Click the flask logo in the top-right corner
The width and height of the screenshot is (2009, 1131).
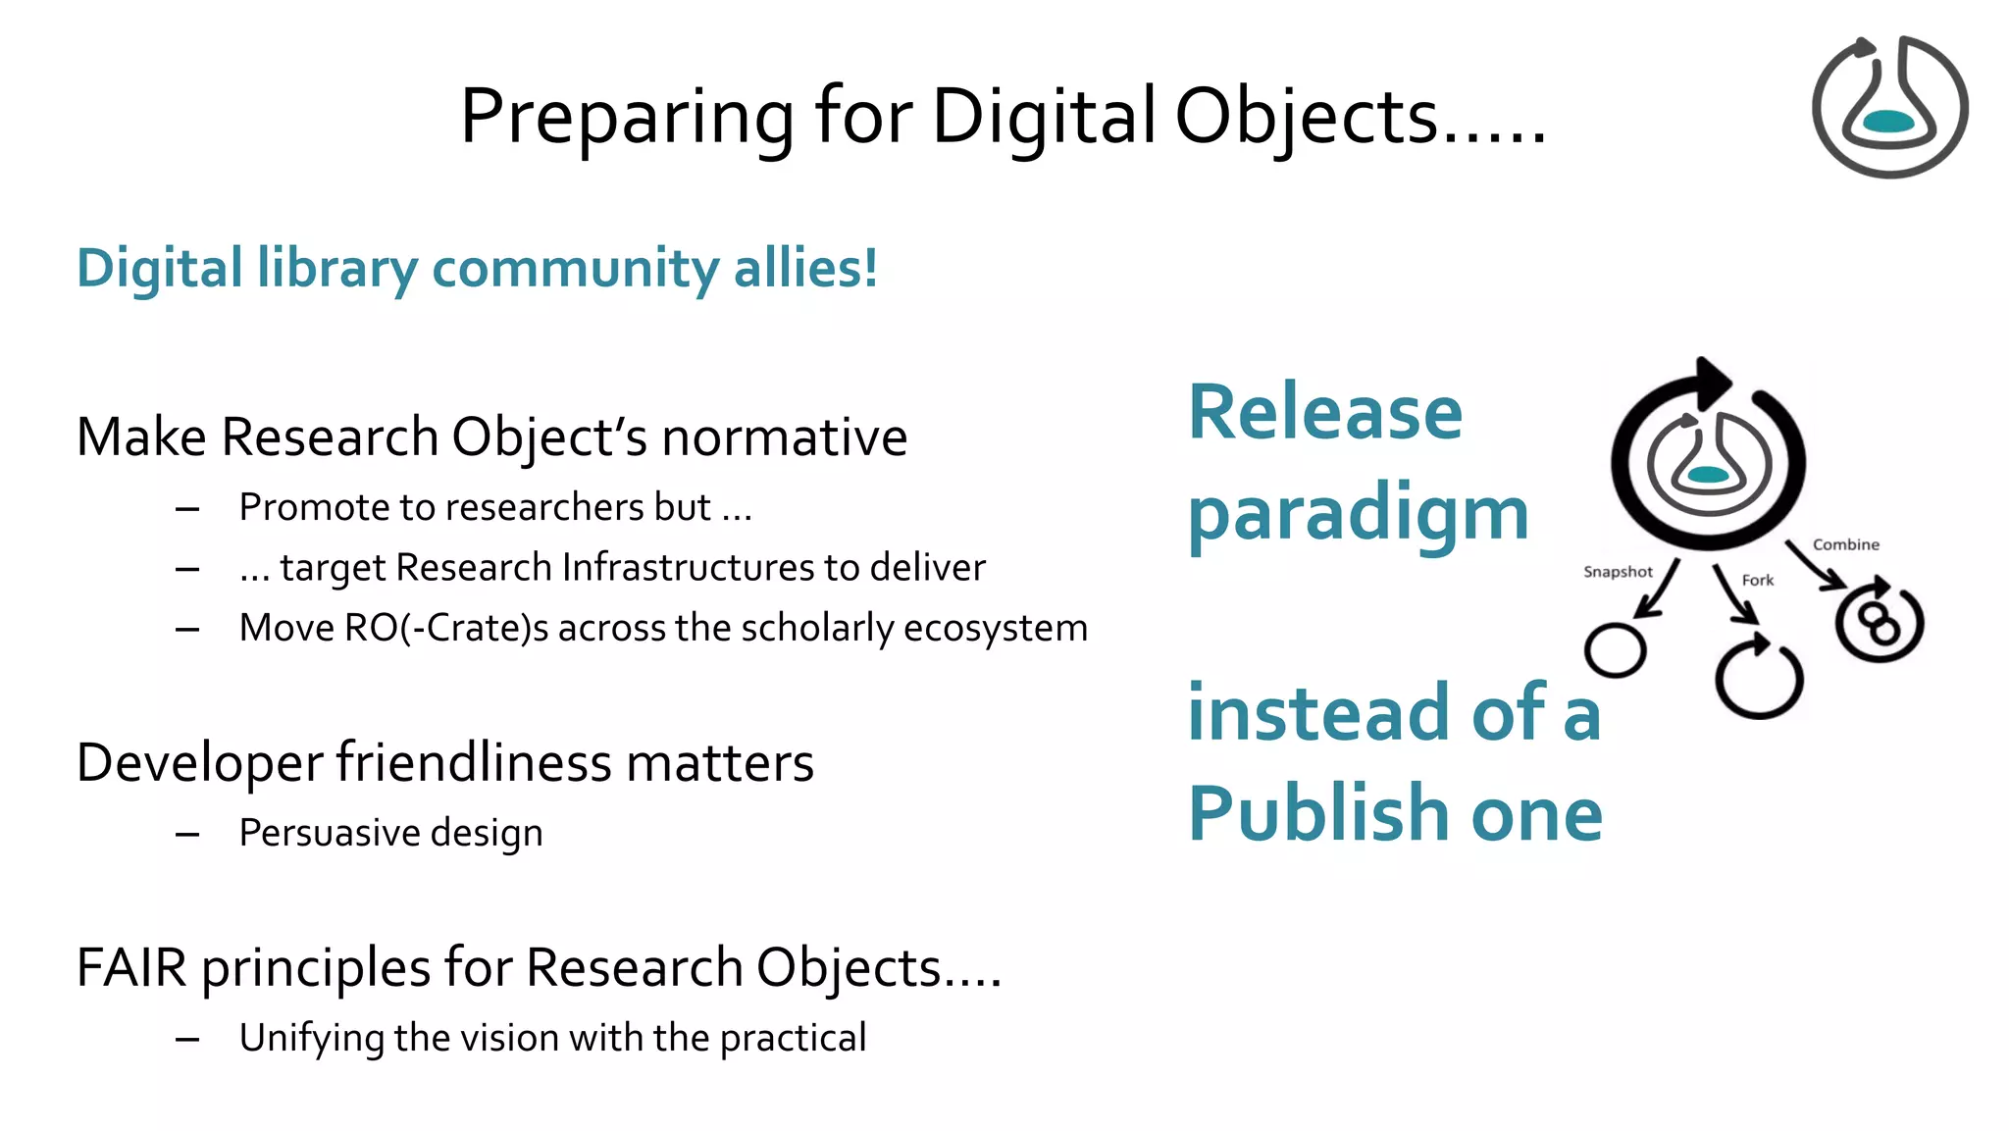pos(1888,107)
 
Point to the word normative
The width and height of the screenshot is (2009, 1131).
pos(784,437)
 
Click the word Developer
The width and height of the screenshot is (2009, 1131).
pos(199,763)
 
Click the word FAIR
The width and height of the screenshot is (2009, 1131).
pos(131,968)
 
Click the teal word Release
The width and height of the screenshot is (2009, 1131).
pos(1324,412)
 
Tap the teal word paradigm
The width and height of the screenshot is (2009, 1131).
pos(1358,513)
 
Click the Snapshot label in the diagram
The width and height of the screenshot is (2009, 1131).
pos(1618,572)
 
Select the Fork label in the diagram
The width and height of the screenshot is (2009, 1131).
pos(1757,581)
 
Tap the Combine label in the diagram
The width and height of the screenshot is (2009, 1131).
pos(1845,544)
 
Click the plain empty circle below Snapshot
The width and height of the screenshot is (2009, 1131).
pos(1615,650)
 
